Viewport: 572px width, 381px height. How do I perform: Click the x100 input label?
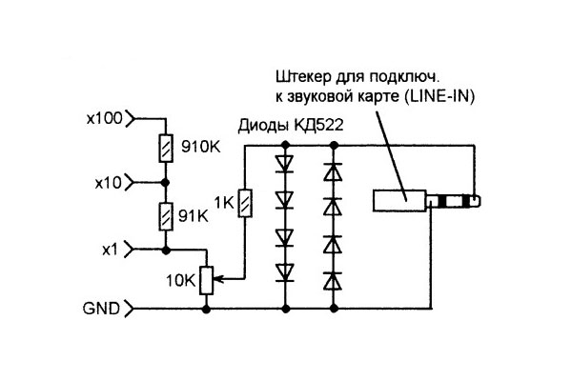[x=104, y=120]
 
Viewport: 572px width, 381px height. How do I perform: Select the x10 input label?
[x=109, y=182]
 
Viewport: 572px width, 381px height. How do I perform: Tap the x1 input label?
[x=112, y=249]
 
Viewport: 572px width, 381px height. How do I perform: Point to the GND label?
[x=101, y=309]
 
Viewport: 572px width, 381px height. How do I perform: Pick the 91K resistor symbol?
[x=166, y=215]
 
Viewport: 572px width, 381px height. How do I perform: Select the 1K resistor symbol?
[x=245, y=203]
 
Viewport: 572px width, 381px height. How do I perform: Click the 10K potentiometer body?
[x=206, y=279]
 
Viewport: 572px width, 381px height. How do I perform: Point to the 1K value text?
[x=224, y=204]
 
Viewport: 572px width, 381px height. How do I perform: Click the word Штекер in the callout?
[x=301, y=77]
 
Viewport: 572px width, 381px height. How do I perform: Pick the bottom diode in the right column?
[x=334, y=281]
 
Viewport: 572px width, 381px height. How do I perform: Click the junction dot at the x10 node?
[x=166, y=182]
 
